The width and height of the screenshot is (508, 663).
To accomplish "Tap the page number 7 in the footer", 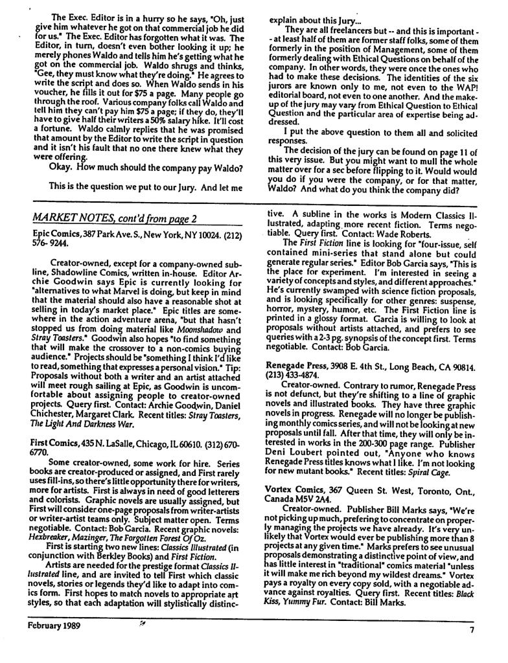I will pos(472,629).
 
